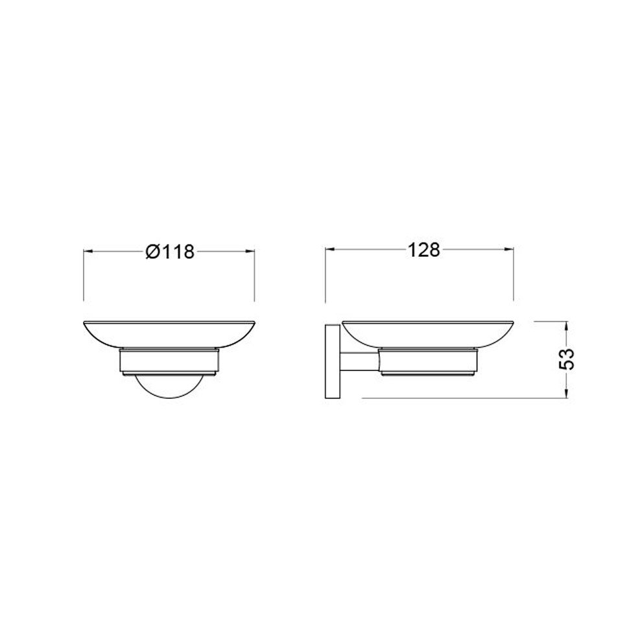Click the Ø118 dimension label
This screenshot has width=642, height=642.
pos(169,252)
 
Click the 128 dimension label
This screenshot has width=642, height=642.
pos(423,250)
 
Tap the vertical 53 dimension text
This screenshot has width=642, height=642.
pos(567,359)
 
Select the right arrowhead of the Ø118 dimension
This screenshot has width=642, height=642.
pos(250,252)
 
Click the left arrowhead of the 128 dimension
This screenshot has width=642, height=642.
pos(331,250)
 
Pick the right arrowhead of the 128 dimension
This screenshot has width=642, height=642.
pos(508,250)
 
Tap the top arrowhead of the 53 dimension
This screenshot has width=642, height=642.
pos(567,327)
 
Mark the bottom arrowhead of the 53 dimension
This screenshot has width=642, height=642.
pos(567,392)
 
